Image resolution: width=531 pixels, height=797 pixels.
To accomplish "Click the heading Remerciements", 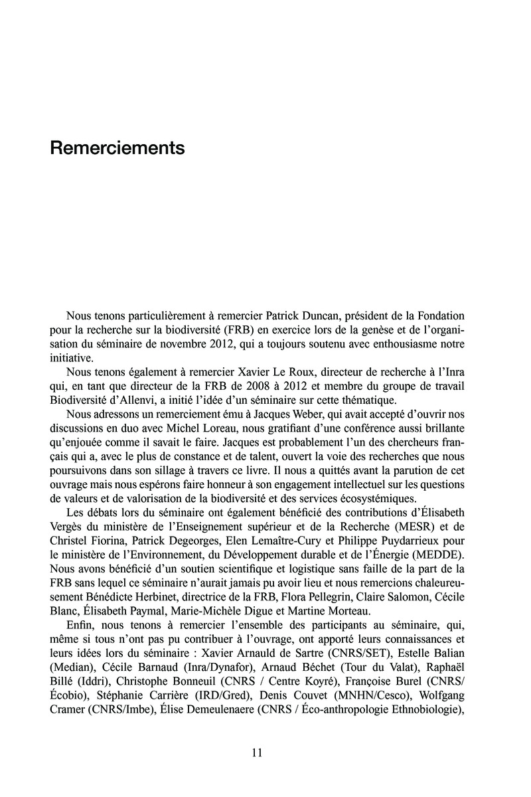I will coord(117,148).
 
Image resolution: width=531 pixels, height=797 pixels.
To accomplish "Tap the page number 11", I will coord(258,753).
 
